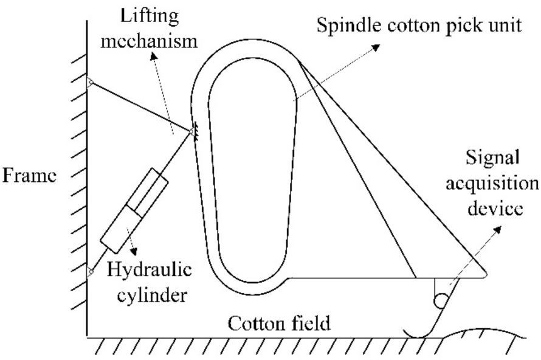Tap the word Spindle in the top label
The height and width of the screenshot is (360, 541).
pyautogui.click(x=342, y=27)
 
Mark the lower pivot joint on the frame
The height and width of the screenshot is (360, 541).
pyautogui.click(x=89, y=272)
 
